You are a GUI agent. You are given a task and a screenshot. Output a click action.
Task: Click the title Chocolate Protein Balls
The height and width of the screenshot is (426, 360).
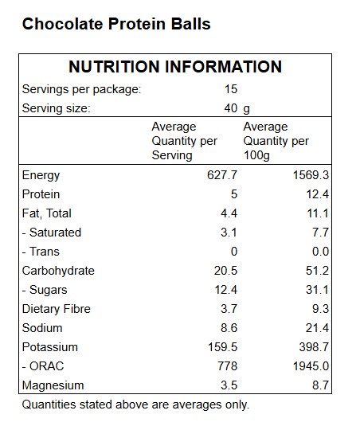pyautogui.click(x=116, y=24)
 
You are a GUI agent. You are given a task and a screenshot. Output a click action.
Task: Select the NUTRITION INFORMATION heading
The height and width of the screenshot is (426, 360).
pyautogui.click(x=175, y=67)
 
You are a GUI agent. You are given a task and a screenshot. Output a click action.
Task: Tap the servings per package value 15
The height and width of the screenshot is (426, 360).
pyautogui.click(x=231, y=89)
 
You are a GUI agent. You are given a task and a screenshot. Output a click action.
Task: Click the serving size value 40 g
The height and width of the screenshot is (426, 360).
pyautogui.click(x=237, y=108)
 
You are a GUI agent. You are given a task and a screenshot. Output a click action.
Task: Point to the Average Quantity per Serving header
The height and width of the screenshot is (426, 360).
pyautogui.click(x=185, y=141)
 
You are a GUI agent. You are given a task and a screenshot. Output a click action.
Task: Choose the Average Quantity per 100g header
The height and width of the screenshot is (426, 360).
pyautogui.click(x=276, y=141)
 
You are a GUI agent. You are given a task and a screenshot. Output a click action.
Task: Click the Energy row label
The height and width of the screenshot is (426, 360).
pyautogui.click(x=41, y=175)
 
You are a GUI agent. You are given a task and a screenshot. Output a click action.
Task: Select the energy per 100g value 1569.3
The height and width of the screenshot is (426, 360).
pyautogui.click(x=311, y=175)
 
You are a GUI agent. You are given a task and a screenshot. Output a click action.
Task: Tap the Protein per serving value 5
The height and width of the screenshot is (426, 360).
pyautogui.click(x=234, y=194)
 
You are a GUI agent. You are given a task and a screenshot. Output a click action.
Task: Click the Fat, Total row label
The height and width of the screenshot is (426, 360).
pyautogui.click(x=47, y=213)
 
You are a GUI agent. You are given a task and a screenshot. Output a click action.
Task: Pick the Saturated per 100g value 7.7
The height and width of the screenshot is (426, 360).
pyautogui.click(x=321, y=233)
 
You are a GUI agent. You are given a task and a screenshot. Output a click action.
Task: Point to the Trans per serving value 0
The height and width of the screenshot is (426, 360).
pyautogui.click(x=234, y=252)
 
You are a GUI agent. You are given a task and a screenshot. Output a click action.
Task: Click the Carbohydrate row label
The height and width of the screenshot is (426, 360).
pyautogui.click(x=58, y=271)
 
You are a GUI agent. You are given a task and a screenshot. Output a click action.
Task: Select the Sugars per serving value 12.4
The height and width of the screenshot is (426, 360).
pyautogui.click(x=226, y=290)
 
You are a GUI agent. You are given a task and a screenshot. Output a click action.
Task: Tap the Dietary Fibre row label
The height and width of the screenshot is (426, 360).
pyautogui.click(x=57, y=309)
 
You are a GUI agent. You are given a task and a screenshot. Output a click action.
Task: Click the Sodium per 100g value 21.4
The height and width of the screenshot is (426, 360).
pyautogui.click(x=317, y=328)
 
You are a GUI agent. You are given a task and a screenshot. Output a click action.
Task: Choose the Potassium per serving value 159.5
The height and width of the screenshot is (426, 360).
pyautogui.click(x=223, y=347)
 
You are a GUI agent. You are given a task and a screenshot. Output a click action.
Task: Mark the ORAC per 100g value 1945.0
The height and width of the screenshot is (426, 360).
pyautogui.click(x=311, y=366)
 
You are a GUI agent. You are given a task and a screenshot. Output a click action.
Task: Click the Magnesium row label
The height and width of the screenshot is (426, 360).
pyautogui.click(x=53, y=385)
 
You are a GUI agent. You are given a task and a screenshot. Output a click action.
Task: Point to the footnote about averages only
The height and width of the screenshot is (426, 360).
pyautogui.click(x=135, y=405)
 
